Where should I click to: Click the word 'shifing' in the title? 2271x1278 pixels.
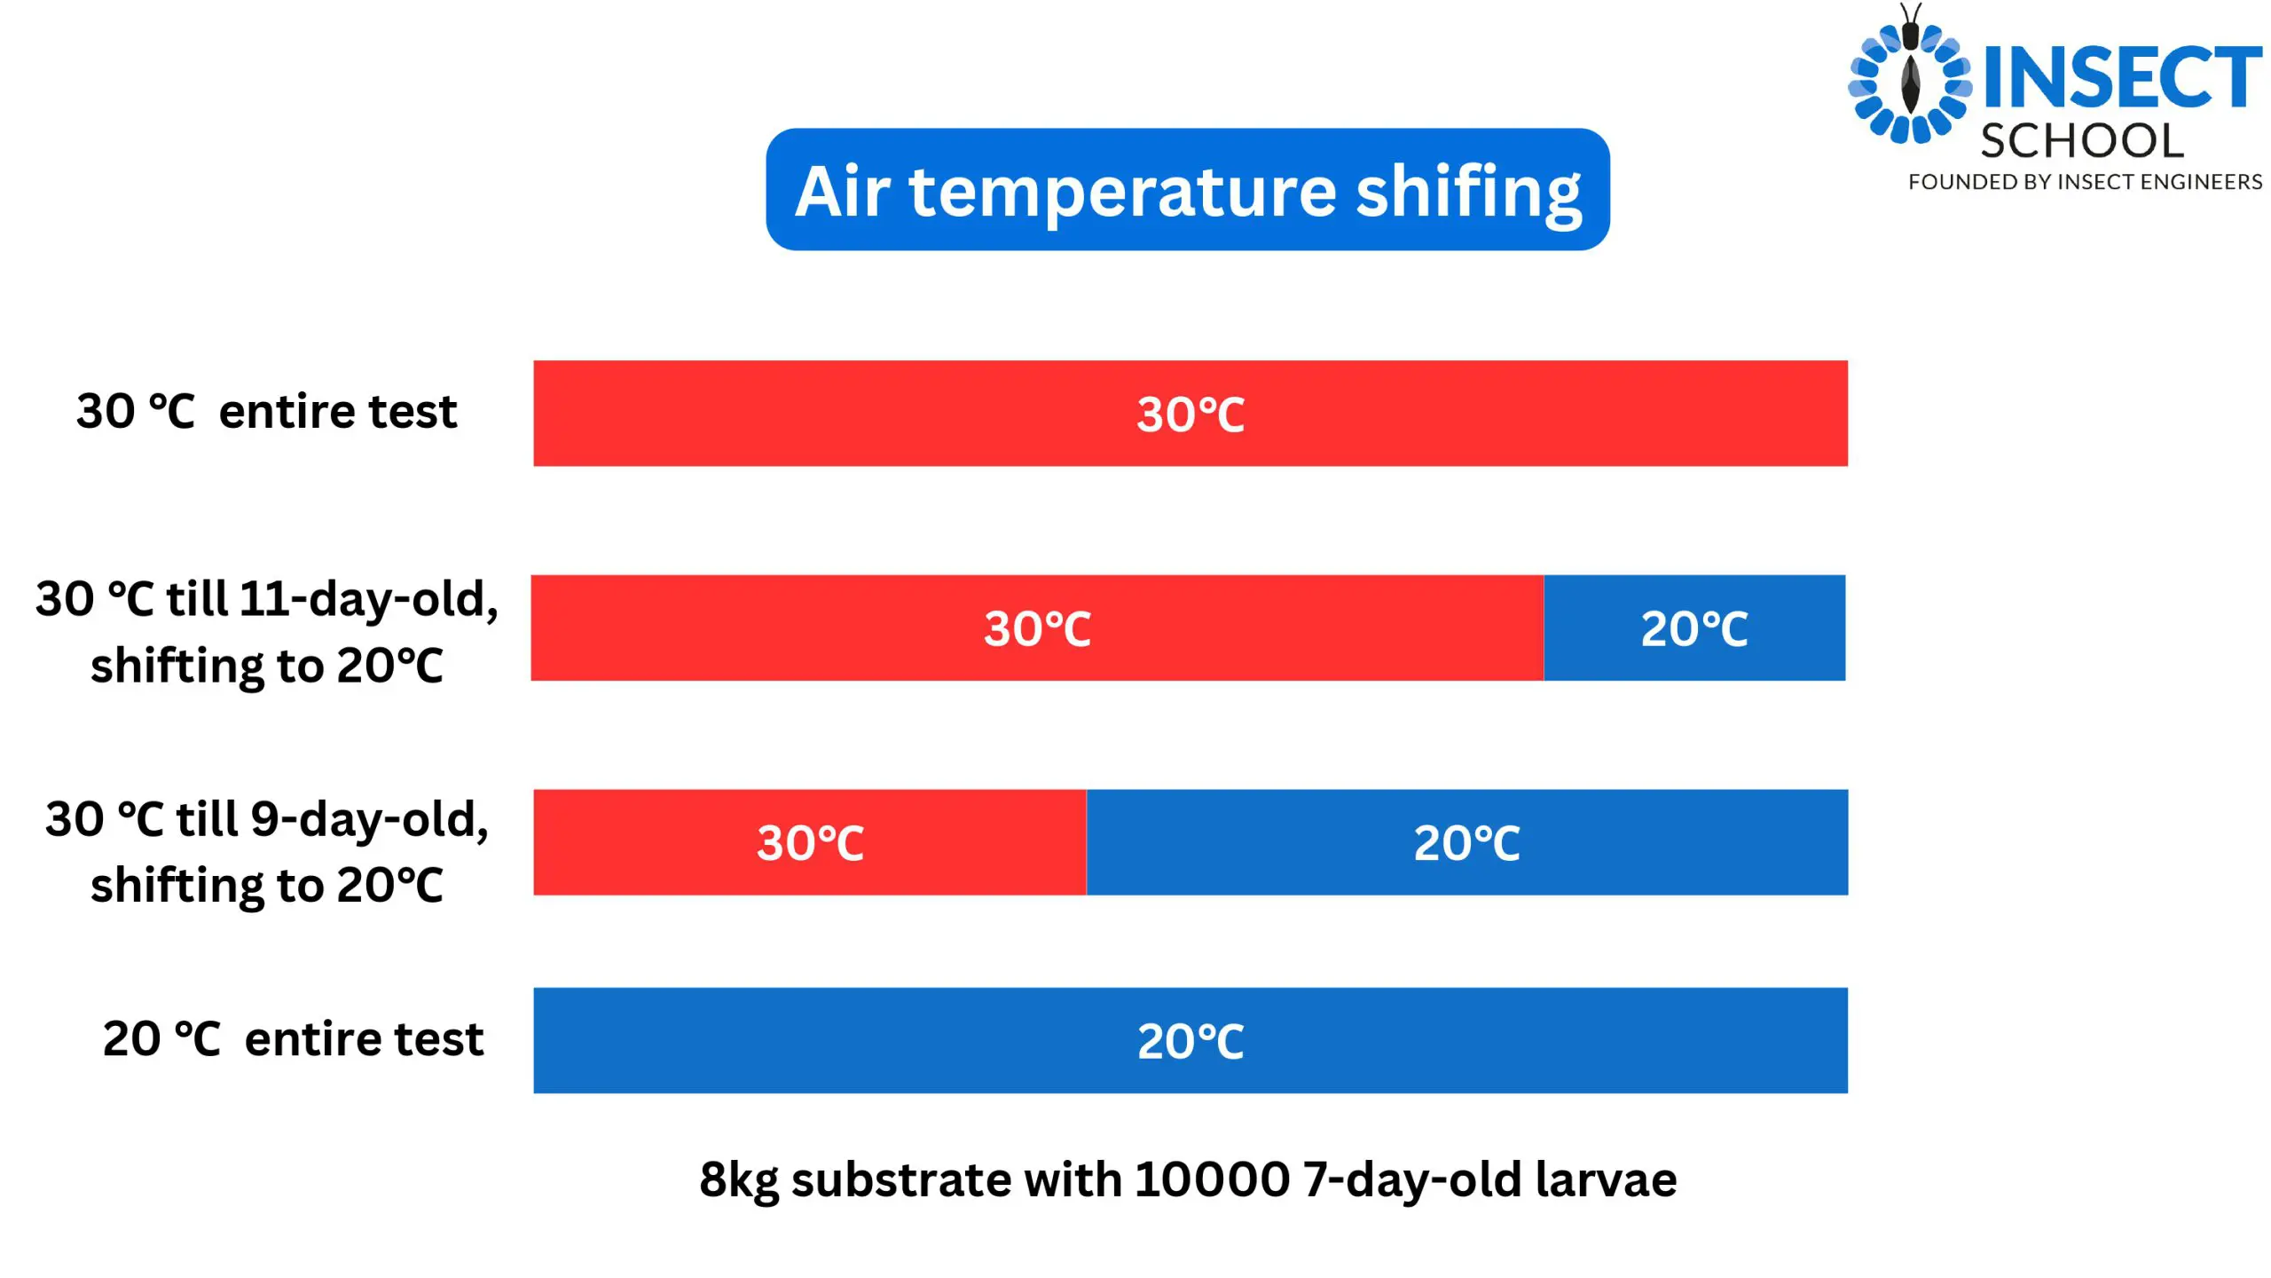pos(1468,193)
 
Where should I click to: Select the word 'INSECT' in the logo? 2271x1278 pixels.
pos(2122,77)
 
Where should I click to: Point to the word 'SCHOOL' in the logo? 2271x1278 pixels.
pos(2081,141)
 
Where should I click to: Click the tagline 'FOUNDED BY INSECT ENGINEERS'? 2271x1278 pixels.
pos(2085,182)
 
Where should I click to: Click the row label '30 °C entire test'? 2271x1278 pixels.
pos(266,412)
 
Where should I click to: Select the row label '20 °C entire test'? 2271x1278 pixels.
pos(293,1039)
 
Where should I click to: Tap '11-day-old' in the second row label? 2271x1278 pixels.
pos(368,600)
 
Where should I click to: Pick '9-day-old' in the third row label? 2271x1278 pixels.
pos(369,819)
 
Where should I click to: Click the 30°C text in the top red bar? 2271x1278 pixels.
pos(1191,414)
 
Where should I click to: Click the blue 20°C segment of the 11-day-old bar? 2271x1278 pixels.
pos(1694,628)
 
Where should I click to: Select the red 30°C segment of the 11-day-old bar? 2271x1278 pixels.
pos(1037,628)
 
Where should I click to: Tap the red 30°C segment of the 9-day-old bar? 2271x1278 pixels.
pos(810,842)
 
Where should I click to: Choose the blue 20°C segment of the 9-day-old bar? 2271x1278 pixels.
pos(1467,842)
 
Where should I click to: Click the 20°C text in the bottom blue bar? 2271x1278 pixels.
pos(1191,1041)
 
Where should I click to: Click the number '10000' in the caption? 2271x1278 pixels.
pos(1212,1179)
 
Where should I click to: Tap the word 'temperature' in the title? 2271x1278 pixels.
pos(1123,193)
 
